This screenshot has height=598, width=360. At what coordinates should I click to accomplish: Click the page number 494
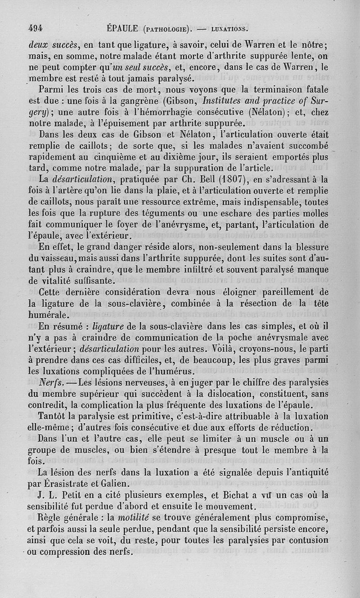(35, 28)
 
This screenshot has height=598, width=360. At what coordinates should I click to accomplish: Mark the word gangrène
(138, 100)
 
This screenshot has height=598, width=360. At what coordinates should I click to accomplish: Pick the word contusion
(308, 539)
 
